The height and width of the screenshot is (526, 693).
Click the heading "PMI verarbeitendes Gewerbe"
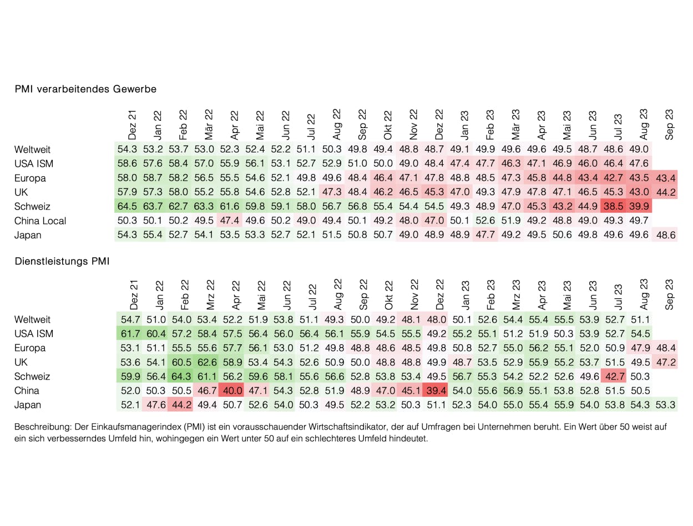(x=85, y=89)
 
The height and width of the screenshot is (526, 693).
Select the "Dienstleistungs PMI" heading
(x=62, y=262)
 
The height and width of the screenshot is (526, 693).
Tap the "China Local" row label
(x=41, y=221)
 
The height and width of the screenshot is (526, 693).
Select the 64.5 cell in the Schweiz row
(x=127, y=207)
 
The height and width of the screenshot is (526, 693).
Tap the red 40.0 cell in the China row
(x=234, y=391)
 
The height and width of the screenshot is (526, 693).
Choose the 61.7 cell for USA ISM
(x=131, y=334)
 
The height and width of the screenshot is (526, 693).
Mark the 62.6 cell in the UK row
(x=208, y=362)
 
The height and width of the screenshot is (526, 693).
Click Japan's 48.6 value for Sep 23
(x=665, y=236)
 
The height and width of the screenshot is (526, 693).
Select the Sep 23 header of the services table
(x=670, y=295)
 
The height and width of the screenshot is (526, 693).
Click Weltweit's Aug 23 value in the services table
(x=640, y=320)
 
